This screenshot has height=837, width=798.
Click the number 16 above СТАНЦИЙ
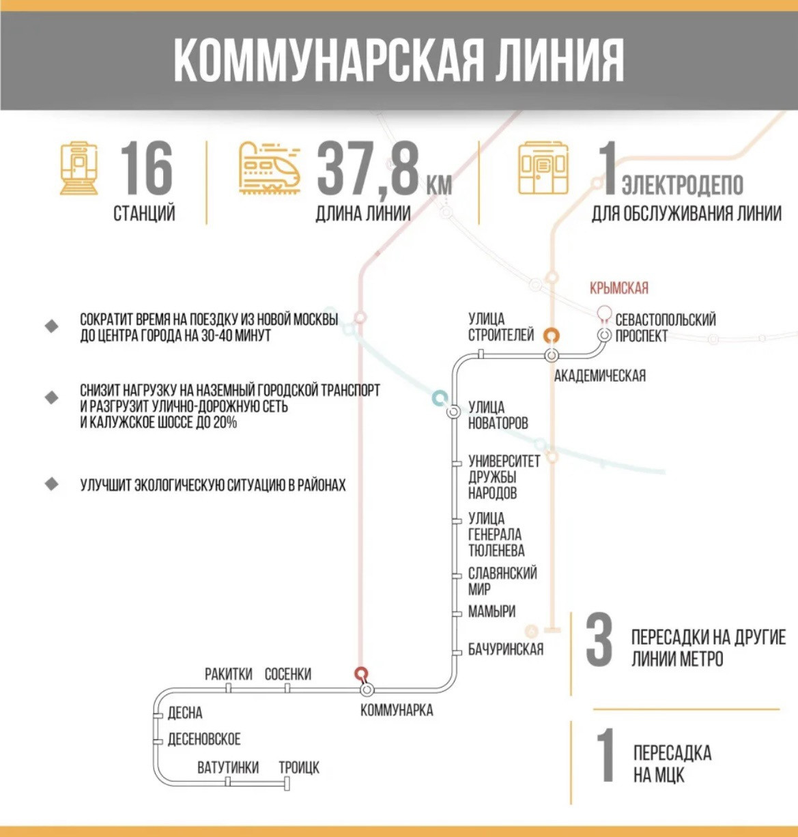[146, 168]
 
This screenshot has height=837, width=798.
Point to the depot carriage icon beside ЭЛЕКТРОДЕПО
[543, 169]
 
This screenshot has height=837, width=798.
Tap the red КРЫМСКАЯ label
[619, 288]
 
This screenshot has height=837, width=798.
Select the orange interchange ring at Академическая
[551, 335]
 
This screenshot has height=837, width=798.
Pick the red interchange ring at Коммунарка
[360, 674]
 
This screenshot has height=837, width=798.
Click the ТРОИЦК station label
[299, 767]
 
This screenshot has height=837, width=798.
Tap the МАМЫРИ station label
[491, 612]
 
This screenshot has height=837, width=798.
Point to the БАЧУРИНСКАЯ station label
[506, 649]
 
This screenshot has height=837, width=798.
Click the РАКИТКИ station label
[229, 675]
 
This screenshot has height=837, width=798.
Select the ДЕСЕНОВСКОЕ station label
[204, 739]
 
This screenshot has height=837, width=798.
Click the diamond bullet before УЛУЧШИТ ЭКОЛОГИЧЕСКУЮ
[52, 485]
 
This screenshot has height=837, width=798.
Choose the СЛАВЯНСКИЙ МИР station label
[502, 581]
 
